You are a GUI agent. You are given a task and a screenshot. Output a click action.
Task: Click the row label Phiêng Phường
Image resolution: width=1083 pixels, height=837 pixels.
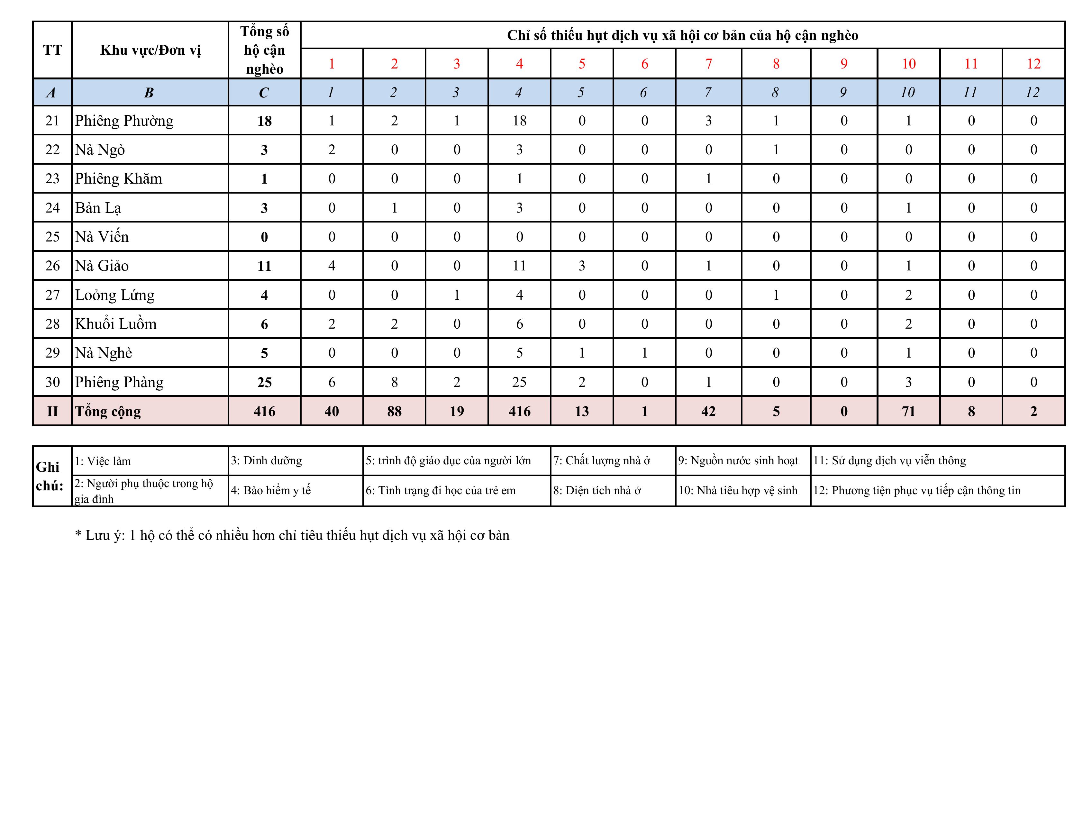pos(124,121)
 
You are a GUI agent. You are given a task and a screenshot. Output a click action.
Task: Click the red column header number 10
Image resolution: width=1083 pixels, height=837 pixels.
pos(908,63)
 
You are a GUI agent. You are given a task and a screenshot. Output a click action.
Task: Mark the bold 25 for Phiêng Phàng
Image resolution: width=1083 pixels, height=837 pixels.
pos(264,382)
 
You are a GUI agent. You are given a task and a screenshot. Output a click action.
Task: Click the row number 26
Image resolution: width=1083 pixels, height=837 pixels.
pos(52,266)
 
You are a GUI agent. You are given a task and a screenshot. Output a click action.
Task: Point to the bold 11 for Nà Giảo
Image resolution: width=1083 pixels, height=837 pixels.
pos(264,266)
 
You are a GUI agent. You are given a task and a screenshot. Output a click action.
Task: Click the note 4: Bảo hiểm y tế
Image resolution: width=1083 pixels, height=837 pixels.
pos(271,490)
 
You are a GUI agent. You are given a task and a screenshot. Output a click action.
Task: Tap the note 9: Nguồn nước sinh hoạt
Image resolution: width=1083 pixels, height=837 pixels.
pos(738,461)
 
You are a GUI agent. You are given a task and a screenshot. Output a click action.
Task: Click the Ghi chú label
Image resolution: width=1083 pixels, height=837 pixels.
pos(50,476)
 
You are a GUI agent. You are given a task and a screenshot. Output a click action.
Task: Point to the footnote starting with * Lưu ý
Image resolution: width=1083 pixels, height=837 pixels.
pos(292,535)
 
